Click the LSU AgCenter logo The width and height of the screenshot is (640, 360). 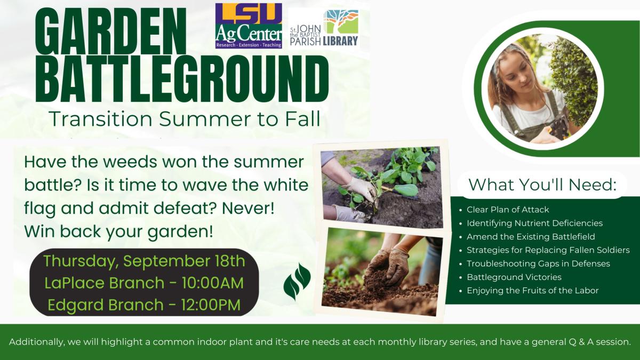click(x=249, y=26)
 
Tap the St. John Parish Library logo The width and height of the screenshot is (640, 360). click(x=324, y=28)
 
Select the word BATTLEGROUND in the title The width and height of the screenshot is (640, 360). click(x=181, y=79)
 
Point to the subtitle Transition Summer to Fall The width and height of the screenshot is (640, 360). click(x=185, y=119)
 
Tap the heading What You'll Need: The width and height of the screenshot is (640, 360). click(x=542, y=185)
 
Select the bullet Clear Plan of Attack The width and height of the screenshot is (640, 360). click(x=508, y=210)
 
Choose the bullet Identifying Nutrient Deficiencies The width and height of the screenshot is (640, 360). click(x=534, y=223)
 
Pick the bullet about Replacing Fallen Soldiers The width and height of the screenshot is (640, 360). click(x=548, y=250)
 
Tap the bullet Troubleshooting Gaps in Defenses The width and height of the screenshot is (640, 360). click(x=538, y=263)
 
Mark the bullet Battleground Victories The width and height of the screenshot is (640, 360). click(x=514, y=277)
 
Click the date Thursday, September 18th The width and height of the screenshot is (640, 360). click(x=144, y=261)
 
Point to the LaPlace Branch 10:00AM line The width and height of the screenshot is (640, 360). click(x=144, y=283)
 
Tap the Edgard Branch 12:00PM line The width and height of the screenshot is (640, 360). click(x=144, y=305)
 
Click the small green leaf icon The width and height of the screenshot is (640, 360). click(x=297, y=282)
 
